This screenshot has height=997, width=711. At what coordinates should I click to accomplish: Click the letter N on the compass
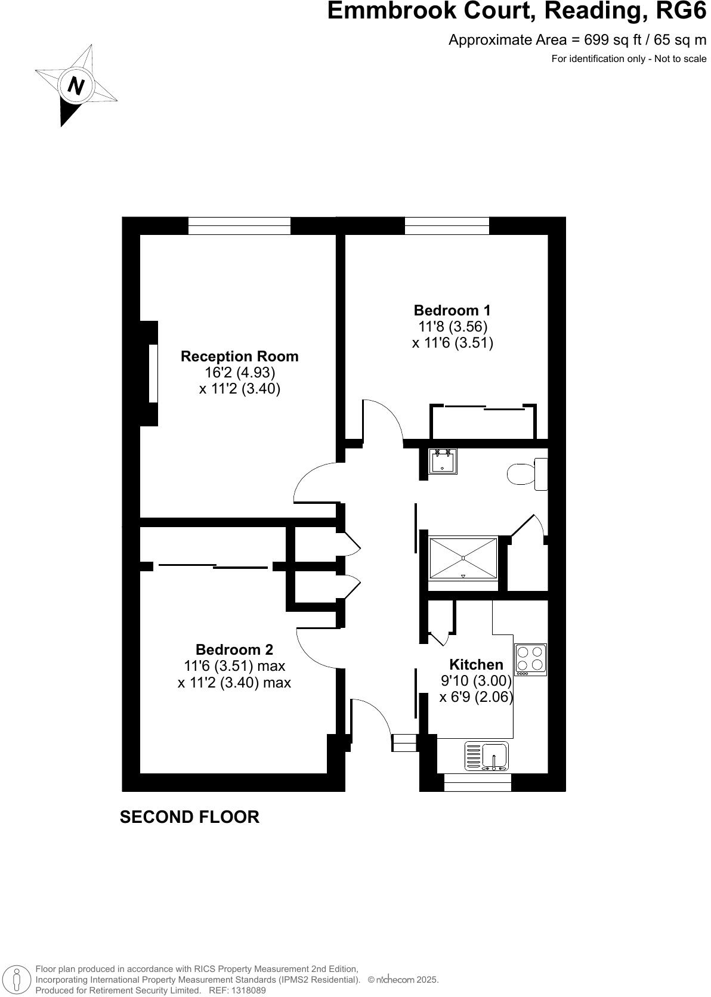(x=76, y=86)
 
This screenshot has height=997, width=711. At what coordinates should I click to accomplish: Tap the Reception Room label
(x=239, y=357)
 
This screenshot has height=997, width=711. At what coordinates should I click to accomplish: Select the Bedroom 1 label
(x=452, y=311)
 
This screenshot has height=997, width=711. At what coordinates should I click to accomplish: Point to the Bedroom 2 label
(x=234, y=649)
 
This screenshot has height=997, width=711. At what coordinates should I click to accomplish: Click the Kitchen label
(x=476, y=664)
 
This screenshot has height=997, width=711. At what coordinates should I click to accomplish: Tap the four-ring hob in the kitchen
(x=530, y=659)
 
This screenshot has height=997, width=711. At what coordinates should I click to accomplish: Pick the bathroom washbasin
(x=443, y=461)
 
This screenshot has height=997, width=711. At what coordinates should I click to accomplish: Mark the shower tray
(x=463, y=558)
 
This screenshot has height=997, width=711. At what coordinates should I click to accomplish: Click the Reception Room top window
(x=239, y=226)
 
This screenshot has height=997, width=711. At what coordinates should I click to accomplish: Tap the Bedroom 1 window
(x=447, y=226)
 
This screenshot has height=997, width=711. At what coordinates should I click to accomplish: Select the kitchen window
(x=478, y=782)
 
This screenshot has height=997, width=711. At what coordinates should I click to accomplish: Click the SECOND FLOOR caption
(x=190, y=817)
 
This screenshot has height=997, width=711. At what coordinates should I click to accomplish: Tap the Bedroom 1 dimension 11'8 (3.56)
(x=453, y=327)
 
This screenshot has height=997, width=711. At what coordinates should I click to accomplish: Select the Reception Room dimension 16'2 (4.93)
(x=239, y=373)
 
